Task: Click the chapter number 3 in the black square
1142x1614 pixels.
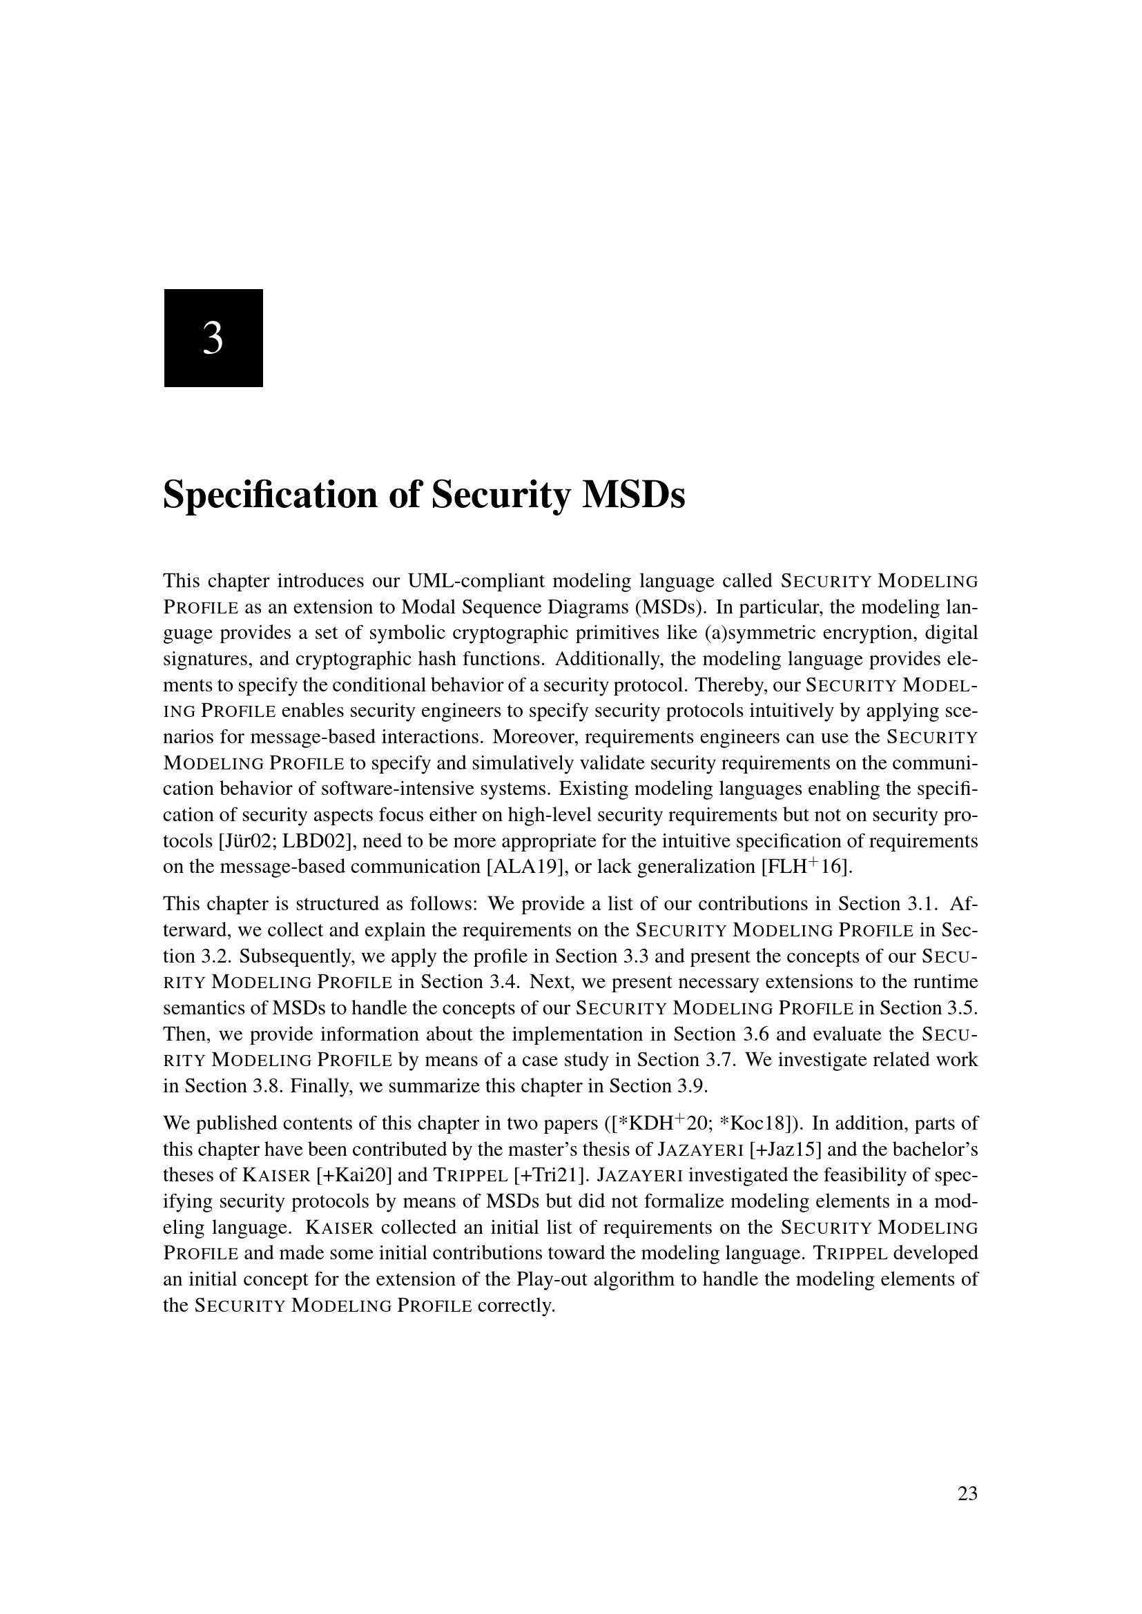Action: (x=213, y=338)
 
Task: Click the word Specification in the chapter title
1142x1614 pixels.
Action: (x=268, y=495)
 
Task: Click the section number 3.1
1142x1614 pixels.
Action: (x=931, y=904)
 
